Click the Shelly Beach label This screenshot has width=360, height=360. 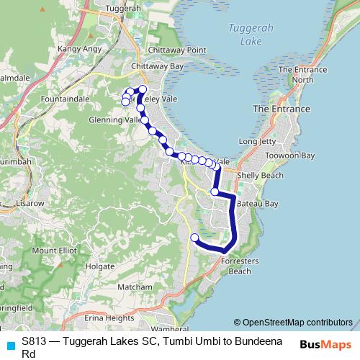pyautogui.click(x=258, y=175)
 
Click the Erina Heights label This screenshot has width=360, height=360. pyautogui.click(x=109, y=318)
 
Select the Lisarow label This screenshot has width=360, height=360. pyautogui.click(x=30, y=204)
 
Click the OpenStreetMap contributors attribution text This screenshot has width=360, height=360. pyautogui.click(x=293, y=323)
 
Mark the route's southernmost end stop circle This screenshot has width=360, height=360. pyautogui.click(x=194, y=238)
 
